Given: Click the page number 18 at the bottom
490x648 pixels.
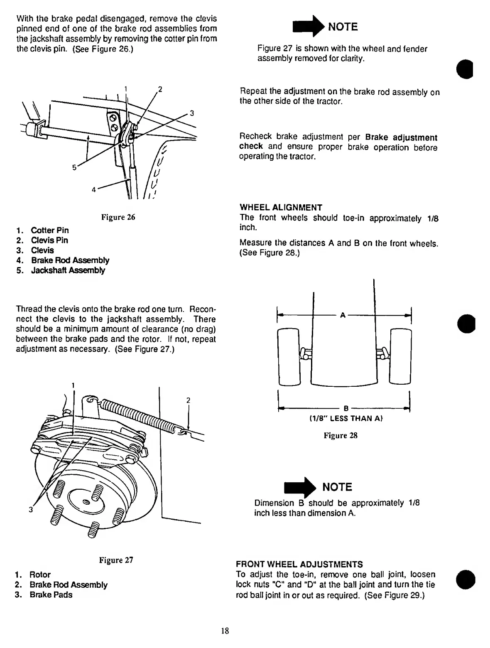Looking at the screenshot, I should (x=225, y=631).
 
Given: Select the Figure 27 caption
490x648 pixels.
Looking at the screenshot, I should (x=116, y=560).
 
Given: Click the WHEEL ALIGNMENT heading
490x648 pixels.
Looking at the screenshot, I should (x=281, y=207).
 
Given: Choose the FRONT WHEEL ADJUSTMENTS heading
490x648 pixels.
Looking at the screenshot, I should (x=299, y=565).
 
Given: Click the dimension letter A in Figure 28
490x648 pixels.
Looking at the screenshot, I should (x=343, y=315).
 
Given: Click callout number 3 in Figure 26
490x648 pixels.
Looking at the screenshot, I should (x=192, y=113).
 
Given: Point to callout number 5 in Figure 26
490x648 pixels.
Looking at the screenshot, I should (x=74, y=167).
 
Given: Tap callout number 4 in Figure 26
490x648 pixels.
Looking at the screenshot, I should (x=94, y=189).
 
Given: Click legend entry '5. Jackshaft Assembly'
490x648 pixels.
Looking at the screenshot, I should (x=61, y=270).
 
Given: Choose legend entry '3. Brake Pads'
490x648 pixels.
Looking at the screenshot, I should (x=44, y=595).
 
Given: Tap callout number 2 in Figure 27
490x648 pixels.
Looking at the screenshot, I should (x=188, y=400).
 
